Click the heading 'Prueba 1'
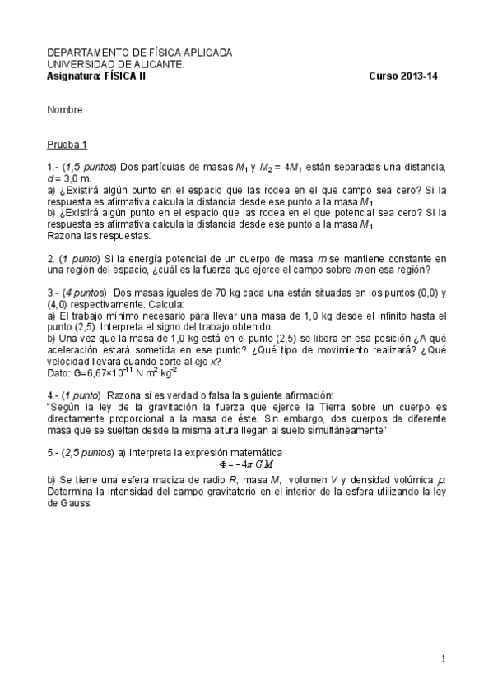pyautogui.click(x=67, y=145)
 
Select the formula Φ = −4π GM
pyautogui.click(x=247, y=464)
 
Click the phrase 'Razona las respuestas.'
pyautogui.click(x=99, y=236)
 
